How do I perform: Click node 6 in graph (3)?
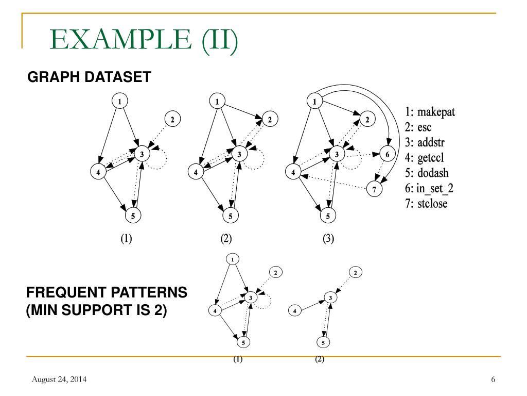click(x=388, y=154)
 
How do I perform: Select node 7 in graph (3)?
click(x=374, y=189)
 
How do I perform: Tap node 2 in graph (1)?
click(x=172, y=119)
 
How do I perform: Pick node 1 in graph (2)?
click(x=217, y=102)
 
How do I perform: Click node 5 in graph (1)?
click(x=133, y=216)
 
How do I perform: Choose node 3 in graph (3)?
click(x=337, y=154)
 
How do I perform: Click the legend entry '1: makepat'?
click(x=430, y=111)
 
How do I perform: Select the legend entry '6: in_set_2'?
click(x=432, y=189)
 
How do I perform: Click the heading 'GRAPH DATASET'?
click(x=89, y=77)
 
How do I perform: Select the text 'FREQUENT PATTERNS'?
click(x=107, y=293)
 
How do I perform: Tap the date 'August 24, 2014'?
click(x=59, y=380)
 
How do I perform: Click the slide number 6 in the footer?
click(x=493, y=380)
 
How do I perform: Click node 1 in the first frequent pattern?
click(x=233, y=259)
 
